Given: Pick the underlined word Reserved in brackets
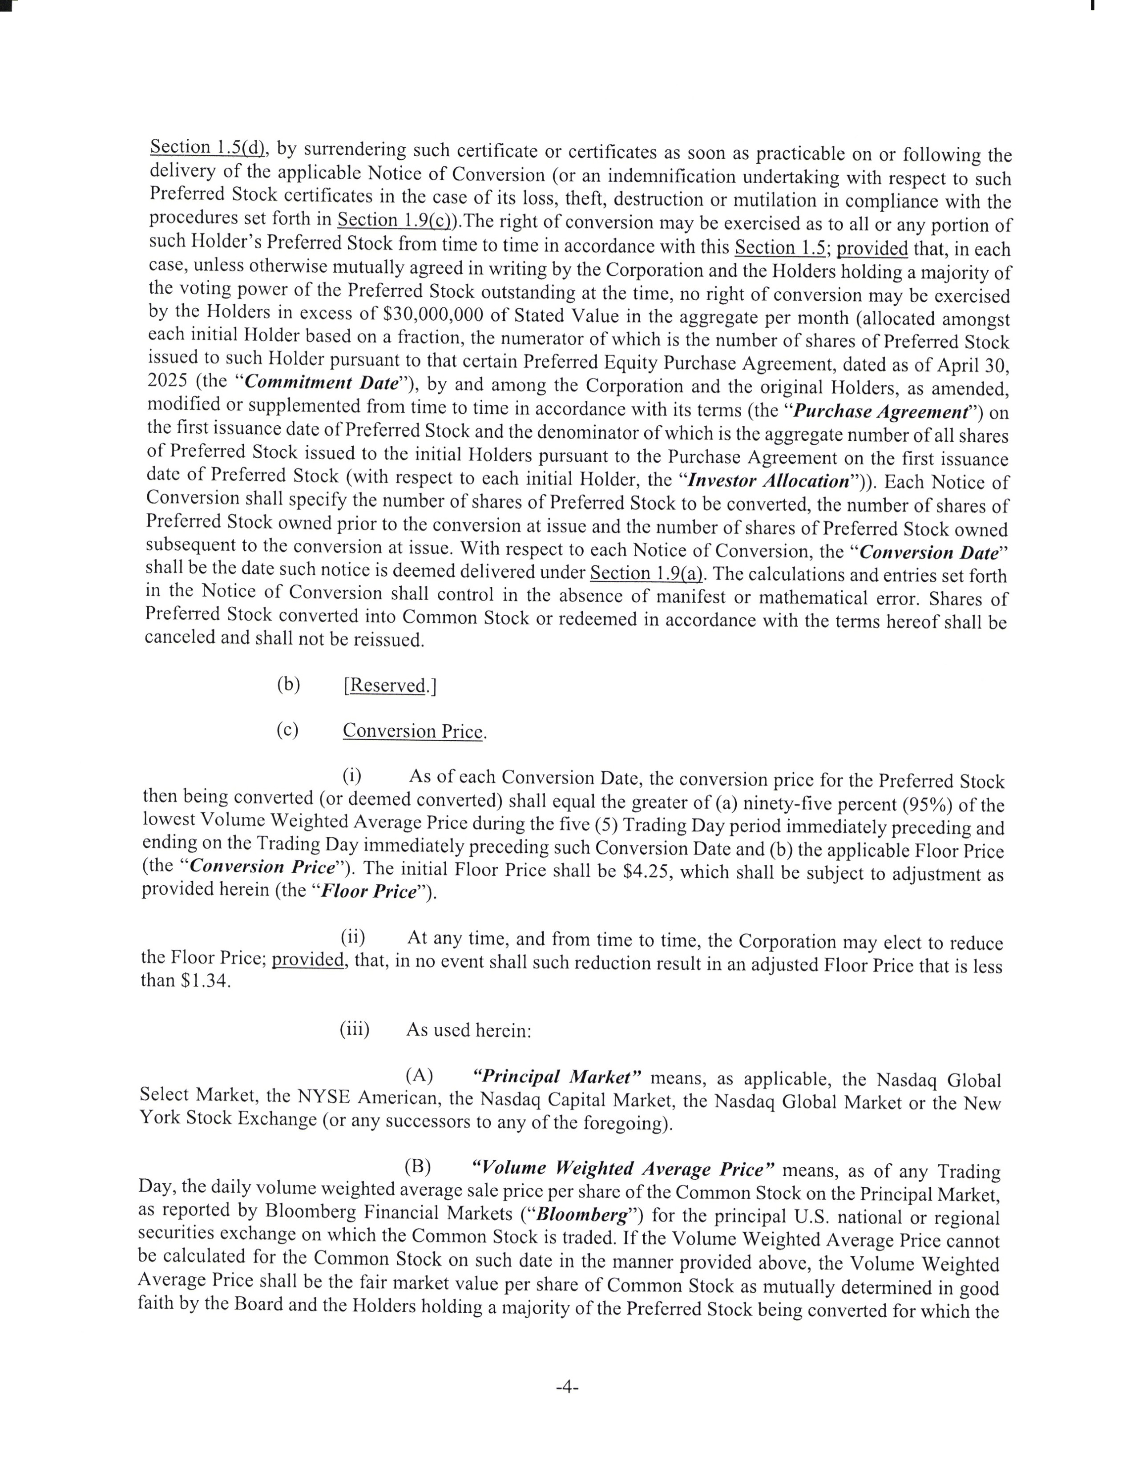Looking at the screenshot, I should click(x=388, y=685).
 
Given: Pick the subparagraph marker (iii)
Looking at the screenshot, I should click(x=354, y=1029).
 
